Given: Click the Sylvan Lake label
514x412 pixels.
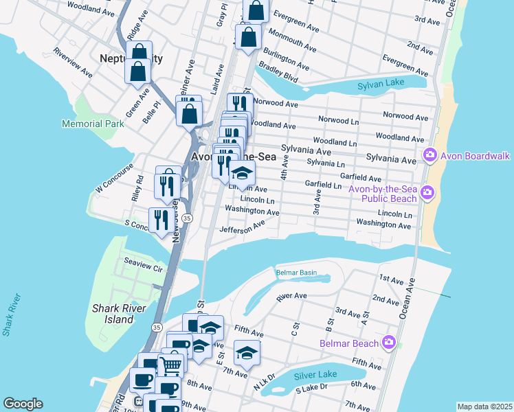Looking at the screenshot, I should tap(382, 86).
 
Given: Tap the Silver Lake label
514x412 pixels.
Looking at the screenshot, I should tap(315, 376).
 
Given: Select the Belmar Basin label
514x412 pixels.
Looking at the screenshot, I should tap(296, 273).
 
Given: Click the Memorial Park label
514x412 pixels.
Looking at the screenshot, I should tap(93, 124).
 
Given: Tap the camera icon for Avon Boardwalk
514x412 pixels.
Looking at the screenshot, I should tap(431, 155).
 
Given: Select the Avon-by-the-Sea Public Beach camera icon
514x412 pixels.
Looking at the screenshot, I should tap(427, 192).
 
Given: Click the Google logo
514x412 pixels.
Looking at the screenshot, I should tap(23, 404).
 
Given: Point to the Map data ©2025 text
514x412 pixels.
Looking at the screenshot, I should tap(484, 407).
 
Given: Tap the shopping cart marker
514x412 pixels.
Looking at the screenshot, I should tap(172, 365).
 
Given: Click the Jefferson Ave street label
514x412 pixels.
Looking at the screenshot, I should tap(242, 227).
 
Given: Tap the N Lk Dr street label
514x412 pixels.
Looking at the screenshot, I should tap(264, 382).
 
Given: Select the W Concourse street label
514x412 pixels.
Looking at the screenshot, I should tap(113, 181).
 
